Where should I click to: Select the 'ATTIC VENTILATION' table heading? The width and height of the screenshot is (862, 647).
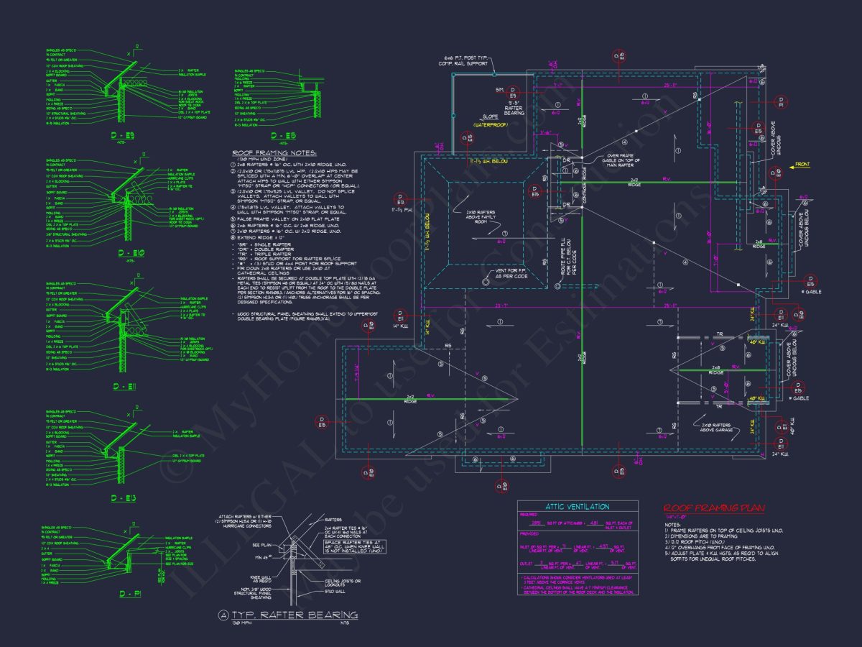[578, 507]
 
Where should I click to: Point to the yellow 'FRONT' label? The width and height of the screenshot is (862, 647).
[801, 165]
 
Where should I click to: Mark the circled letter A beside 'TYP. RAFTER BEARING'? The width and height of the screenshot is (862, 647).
[223, 615]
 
